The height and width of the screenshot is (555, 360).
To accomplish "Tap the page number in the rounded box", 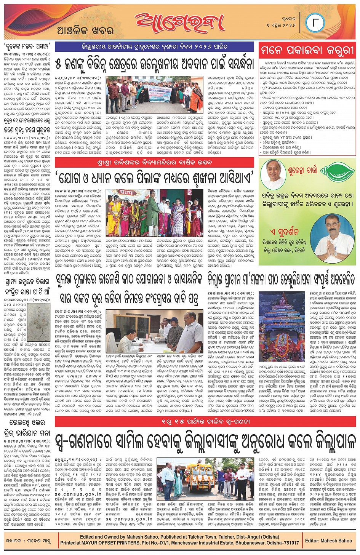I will tap(315, 23).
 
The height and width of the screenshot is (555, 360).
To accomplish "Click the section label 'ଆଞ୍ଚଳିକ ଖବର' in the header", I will tap(85, 31).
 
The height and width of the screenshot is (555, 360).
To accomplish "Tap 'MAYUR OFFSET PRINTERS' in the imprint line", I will tap(109, 543).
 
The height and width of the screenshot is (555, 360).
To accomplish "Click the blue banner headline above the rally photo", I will tap(154, 47).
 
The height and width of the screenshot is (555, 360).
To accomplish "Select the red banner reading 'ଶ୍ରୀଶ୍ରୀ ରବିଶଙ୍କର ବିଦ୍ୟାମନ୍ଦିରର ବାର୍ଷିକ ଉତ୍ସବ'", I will tap(154, 163).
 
